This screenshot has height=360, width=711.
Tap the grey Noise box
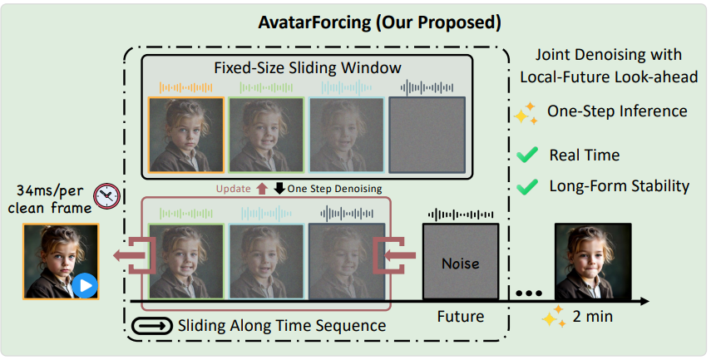point(461,263)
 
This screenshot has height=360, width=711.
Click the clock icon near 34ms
point(106,196)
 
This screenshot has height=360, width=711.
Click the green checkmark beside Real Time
point(526,155)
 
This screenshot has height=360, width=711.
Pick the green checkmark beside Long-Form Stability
point(526,185)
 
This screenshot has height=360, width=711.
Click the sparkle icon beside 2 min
point(553,317)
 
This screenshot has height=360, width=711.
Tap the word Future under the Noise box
point(461,316)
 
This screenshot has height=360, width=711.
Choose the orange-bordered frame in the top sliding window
point(186,136)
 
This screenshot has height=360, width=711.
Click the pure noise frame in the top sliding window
point(428,136)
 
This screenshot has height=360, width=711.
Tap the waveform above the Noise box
point(461,215)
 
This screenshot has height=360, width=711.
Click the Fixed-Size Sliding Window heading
point(308,67)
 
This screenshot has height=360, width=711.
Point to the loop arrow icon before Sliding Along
point(153,325)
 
